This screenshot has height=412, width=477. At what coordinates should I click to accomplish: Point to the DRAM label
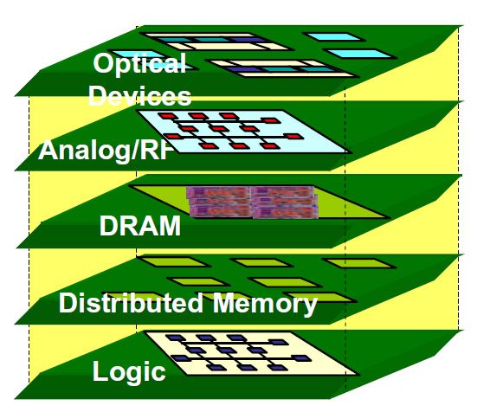coord(139,228)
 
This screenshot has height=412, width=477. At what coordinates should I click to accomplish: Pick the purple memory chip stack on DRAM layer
coord(251,202)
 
